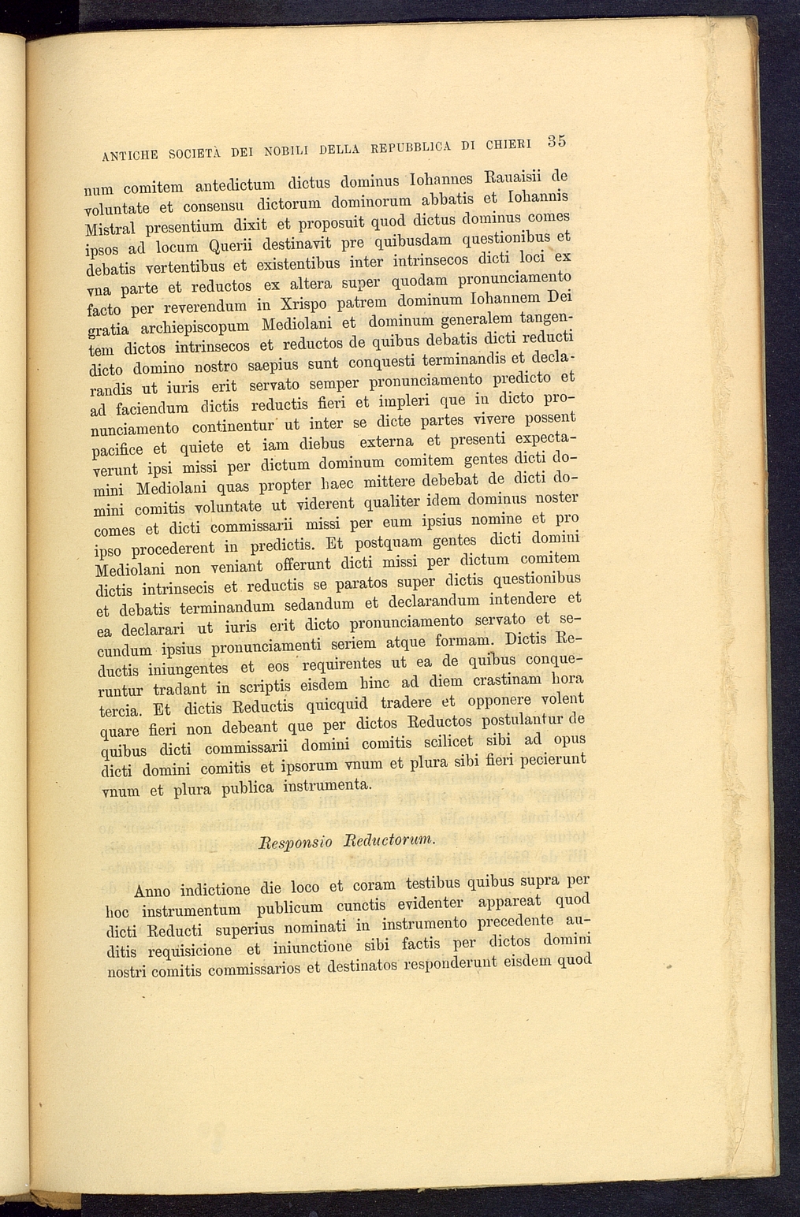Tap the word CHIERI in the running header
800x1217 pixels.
pos(509,144)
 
